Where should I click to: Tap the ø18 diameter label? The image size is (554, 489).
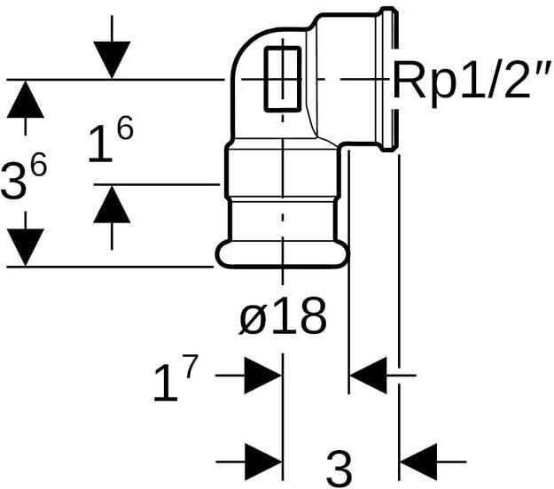click(x=282, y=316)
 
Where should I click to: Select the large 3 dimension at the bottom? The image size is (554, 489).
click(x=339, y=469)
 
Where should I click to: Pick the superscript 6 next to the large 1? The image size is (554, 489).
click(x=126, y=128)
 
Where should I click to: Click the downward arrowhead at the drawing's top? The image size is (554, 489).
click(x=112, y=59)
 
